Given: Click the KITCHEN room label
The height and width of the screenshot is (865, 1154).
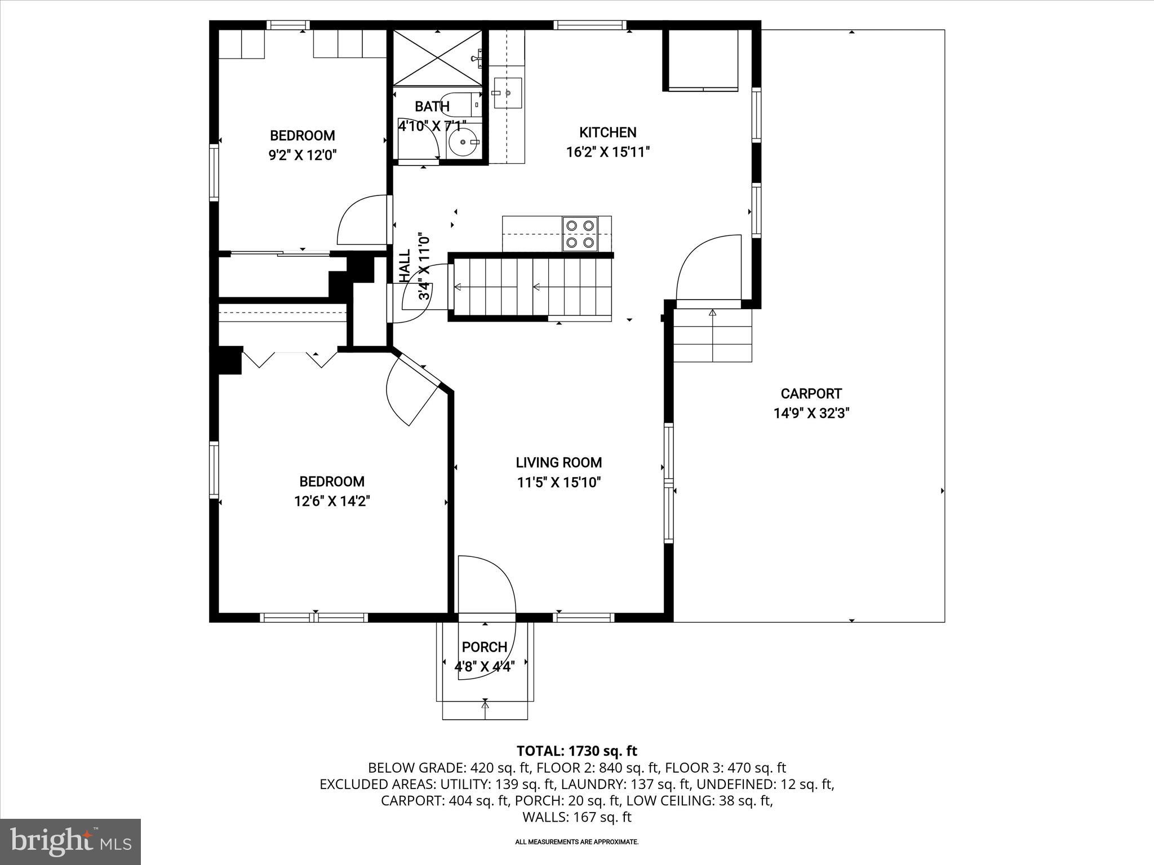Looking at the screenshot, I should (607, 132).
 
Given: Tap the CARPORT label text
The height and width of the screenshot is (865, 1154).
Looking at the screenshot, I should (811, 394).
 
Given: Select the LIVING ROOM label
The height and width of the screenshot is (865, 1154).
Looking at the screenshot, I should (558, 462).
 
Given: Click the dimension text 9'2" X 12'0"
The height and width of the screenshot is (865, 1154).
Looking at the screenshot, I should (303, 155).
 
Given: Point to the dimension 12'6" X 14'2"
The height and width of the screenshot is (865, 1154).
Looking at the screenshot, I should (331, 501).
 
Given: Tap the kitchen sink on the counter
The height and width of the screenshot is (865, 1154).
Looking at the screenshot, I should (508, 93).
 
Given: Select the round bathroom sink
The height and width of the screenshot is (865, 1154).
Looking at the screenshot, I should (465, 142).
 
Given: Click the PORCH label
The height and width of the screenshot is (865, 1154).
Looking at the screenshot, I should (485, 647).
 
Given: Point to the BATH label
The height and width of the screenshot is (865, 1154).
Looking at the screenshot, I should (432, 106).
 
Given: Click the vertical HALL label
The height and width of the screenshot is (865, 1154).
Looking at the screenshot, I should (405, 265).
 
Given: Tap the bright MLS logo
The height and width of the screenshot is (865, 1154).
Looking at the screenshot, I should (70, 841).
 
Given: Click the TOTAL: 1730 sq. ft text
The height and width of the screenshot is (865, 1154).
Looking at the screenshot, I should (576, 751).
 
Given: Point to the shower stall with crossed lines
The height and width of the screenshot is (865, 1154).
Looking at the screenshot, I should (437, 58).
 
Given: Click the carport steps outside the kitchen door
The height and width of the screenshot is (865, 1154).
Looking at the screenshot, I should (713, 336).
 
